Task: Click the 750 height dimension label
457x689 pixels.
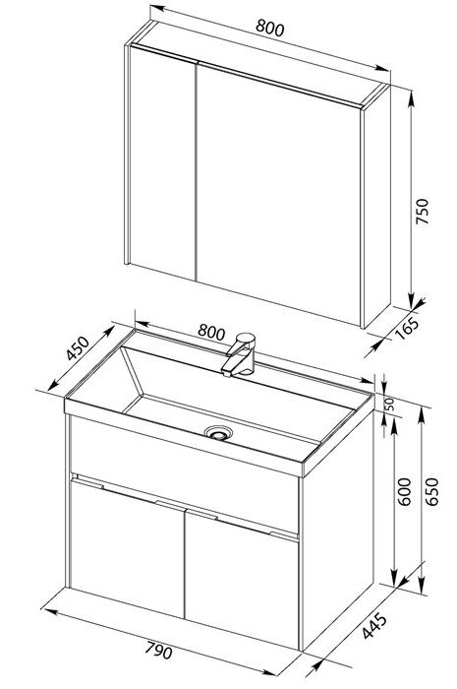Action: click(422, 212)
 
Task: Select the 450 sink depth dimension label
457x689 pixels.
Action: click(78, 348)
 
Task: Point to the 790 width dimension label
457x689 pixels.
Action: click(159, 650)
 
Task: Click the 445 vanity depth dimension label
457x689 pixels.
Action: click(375, 625)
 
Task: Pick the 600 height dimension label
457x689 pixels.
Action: click(404, 491)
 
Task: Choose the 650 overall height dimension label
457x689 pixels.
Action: click(431, 491)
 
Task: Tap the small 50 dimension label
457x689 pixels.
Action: click(389, 404)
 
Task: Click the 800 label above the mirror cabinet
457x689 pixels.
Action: click(270, 29)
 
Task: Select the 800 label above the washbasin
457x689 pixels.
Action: click(211, 332)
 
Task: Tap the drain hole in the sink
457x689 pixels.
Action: click(218, 433)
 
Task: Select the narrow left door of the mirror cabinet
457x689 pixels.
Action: click(163, 163)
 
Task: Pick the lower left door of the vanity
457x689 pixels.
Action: click(127, 549)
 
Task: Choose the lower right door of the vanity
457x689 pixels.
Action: click(242, 579)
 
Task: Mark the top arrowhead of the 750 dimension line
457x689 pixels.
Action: click(411, 99)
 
